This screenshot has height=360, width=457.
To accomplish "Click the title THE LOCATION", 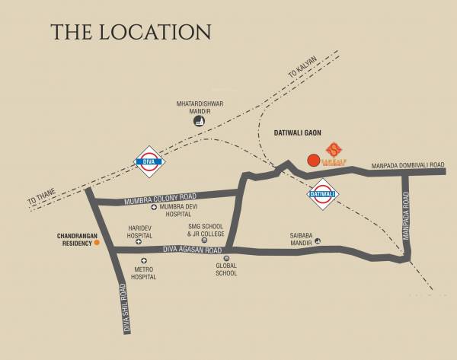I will (130, 32).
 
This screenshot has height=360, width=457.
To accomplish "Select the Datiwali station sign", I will (322, 194).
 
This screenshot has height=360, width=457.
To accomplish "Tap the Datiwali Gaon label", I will (297, 132).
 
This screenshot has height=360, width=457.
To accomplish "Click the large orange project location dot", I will (312, 160).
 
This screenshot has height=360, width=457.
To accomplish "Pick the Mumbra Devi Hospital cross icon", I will (154, 207).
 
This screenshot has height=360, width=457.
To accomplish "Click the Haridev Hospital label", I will (139, 231).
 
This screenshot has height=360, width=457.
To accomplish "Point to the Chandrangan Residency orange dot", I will (97, 244).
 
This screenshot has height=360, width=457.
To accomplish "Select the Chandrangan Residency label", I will (74, 239).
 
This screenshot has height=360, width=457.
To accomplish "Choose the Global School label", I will (226, 270).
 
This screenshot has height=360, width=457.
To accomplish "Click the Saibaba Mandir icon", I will (318, 241).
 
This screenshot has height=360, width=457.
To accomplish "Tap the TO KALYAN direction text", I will (301, 68).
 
